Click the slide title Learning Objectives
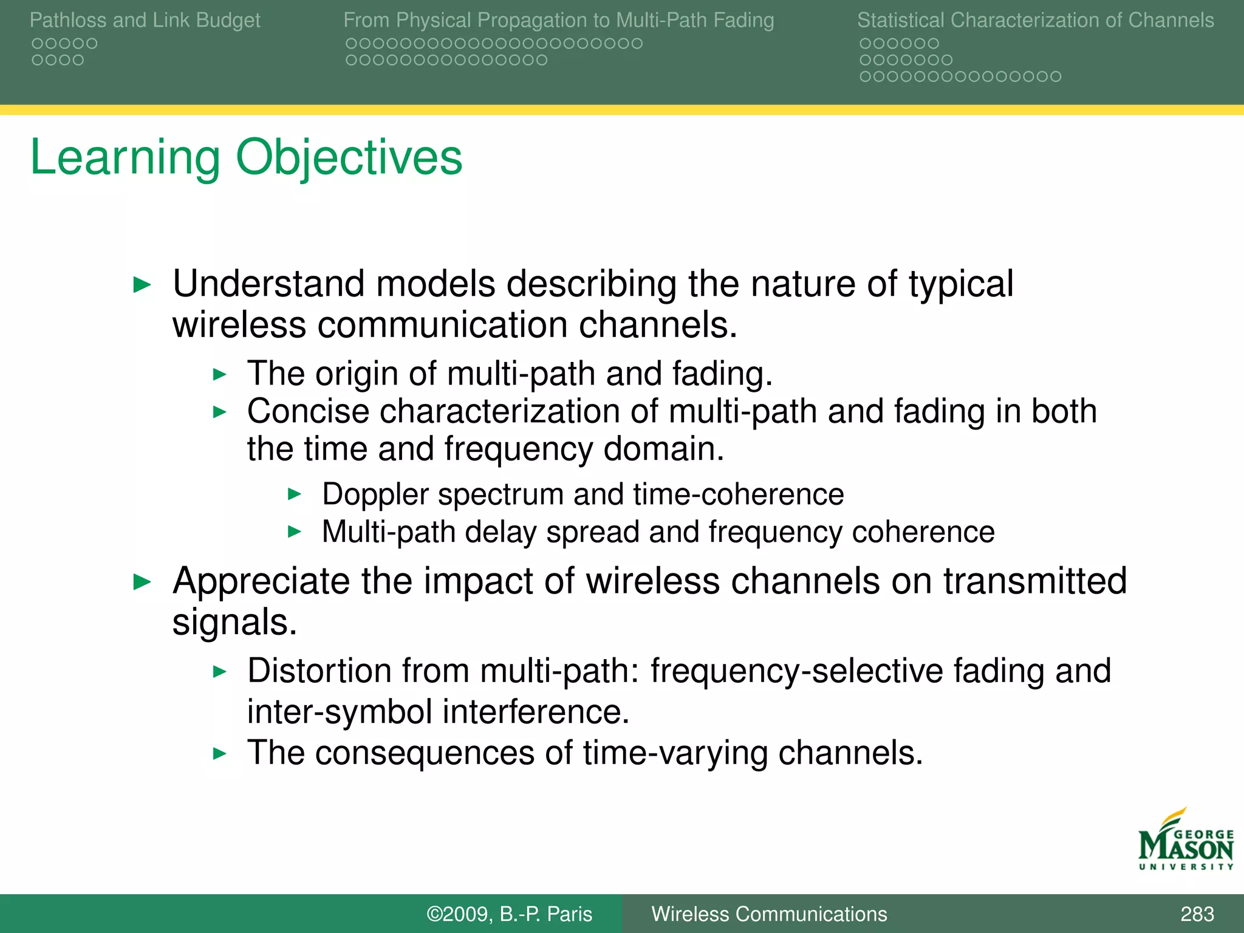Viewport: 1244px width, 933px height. point(246,157)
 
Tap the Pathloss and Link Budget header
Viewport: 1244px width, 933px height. point(145,21)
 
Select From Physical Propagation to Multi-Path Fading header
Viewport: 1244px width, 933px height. point(558,21)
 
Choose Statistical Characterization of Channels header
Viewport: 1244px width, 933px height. point(1035,21)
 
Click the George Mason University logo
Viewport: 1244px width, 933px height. point(1185,841)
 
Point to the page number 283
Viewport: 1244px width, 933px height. point(1197,914)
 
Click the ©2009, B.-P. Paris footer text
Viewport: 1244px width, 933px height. point(509,914)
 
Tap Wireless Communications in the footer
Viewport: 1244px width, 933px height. point(769,914)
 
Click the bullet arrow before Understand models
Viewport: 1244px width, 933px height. point(142,284)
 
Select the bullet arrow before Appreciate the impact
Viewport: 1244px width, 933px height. point(142,582)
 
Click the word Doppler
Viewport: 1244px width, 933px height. point(375,494)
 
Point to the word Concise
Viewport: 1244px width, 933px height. point(308,411)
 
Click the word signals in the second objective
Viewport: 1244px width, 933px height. point(234,623)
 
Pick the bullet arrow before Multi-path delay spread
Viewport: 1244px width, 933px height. point(295,532)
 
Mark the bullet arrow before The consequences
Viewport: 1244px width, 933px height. point(219,754)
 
